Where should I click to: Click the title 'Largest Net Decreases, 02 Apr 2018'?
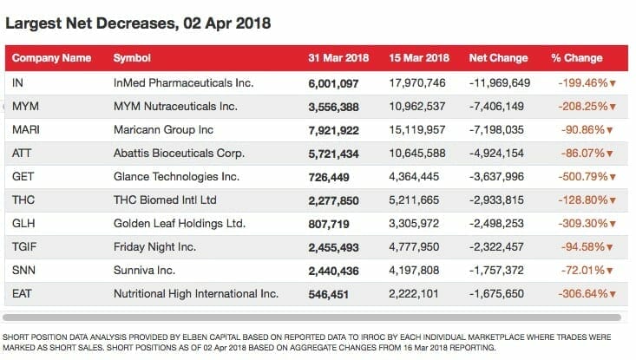[x=138, y=23]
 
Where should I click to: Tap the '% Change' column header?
[x=577, y=58]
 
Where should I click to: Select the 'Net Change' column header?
[x=499, y=58]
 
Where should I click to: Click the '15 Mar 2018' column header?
[x=419, y=58]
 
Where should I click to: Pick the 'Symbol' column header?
[x=132, y=58]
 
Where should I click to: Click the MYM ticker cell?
[x=25, y=106]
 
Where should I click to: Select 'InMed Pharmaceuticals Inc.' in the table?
[x=183, y=82]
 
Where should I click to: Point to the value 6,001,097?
[x=333, y=83]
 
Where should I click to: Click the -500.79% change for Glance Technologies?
[x=583, y=177]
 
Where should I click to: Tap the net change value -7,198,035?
[x=496, y=130]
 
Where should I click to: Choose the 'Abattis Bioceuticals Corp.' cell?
[x=179, y=154]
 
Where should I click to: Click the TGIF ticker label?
[x=24, y=247]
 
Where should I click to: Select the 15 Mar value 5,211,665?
[x=414, y=200]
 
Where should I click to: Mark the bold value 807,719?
[x=329, y=224]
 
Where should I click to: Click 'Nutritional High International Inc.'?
[x=196, y=293]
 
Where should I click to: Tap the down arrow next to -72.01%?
[x=609, y=271]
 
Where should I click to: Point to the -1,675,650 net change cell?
[x=496, y=294]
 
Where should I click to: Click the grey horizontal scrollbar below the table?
[x=311, y=317]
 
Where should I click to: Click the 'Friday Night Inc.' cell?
[x=154, y=247]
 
